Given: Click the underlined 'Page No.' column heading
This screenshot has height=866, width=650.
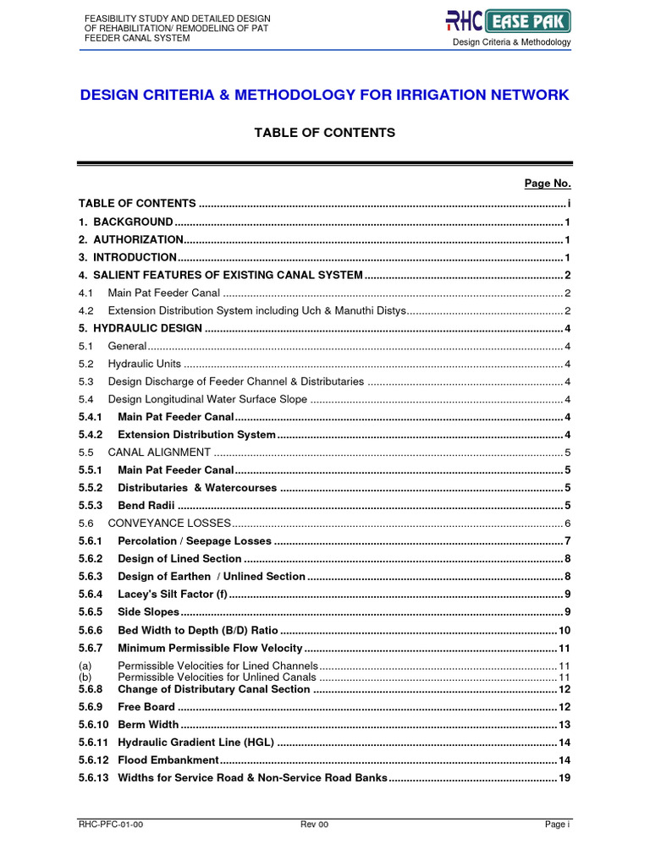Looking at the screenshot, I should click(548, 183).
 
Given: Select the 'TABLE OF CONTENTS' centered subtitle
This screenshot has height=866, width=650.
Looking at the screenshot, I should click(325, 133).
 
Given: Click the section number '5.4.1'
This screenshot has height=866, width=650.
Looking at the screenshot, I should click(91, 417).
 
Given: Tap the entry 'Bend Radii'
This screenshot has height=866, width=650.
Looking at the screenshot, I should click(146, 506).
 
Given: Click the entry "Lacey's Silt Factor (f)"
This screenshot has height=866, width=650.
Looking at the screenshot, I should click(173, 594).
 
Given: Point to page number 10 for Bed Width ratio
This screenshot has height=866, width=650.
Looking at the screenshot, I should click(565, 630).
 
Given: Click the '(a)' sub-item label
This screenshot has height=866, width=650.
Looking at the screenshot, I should click(85, 666).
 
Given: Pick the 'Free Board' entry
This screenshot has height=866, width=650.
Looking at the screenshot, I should click(146, 706).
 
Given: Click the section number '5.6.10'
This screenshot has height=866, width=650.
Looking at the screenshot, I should click(93, 724).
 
